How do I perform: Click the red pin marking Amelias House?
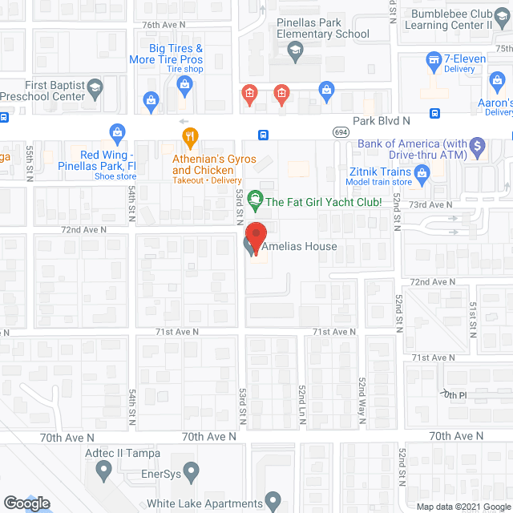click(x=255, y=234)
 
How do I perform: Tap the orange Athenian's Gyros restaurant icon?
click(x=189, y=136)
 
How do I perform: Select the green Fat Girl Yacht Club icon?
click(x=255, y=196)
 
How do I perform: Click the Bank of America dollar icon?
click(x=478, y=145)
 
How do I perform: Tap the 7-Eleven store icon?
click(x=434, y=59)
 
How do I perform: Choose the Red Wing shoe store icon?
click(x=117, y=131)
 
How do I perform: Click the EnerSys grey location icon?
click(x=191, y=471)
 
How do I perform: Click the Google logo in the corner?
click(x=26, y=503)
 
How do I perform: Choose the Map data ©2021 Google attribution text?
click(x=463, y=506)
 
